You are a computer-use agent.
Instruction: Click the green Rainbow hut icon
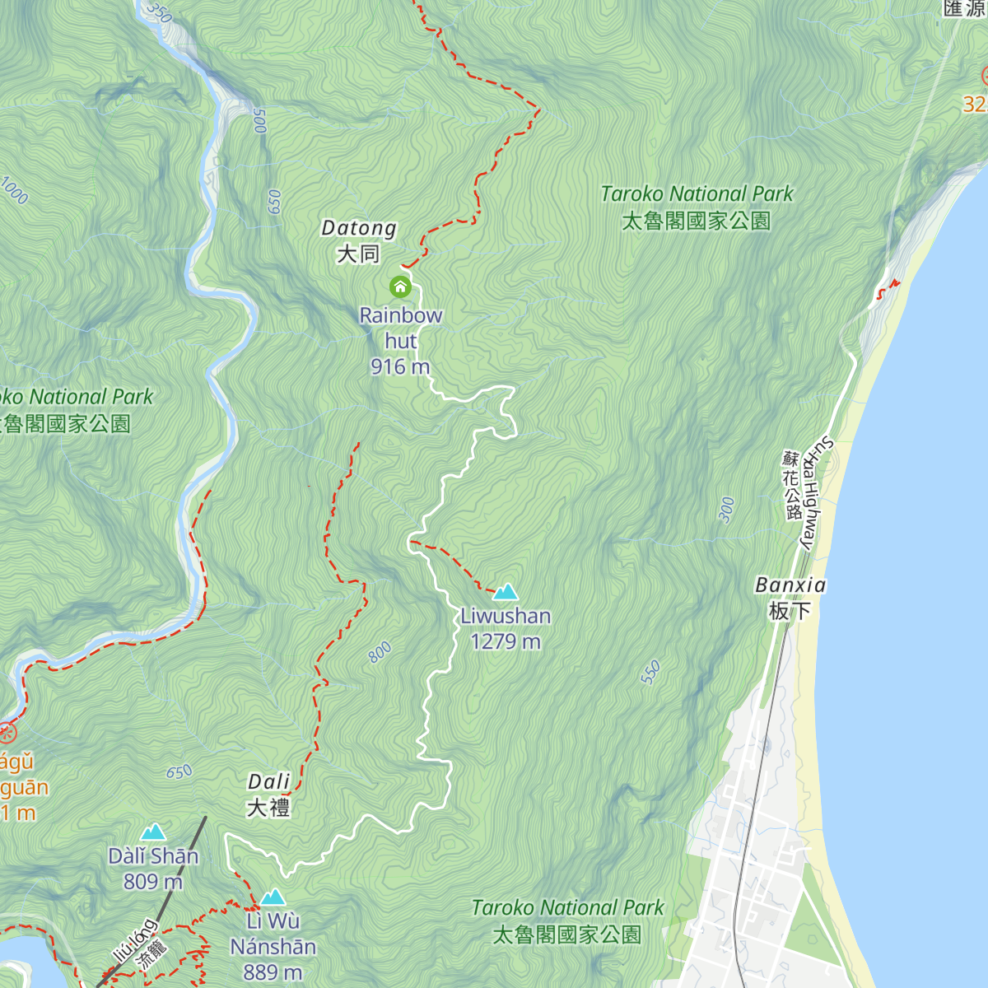coord(400,287)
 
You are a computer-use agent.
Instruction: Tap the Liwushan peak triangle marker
coord(505,592)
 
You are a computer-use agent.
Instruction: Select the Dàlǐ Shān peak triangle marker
coord(153,832)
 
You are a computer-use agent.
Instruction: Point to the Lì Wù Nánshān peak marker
coord(273,897)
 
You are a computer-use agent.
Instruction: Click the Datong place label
coord(359,229)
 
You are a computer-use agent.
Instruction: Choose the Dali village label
coord(269,782)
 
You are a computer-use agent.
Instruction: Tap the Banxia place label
coord(790,585)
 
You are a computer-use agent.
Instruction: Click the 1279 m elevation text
coord(506,641)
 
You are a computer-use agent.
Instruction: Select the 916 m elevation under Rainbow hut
coord(400,367)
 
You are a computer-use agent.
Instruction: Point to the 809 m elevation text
coord(153,882)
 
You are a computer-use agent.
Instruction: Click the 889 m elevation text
coord(273,972)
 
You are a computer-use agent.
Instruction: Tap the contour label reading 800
coord(380,653)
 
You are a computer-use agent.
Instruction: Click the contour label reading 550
coord(650,673)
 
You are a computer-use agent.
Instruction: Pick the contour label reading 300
coord(726,510)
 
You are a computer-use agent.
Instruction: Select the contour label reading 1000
coord(14,190)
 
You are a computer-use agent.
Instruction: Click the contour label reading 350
coord(158,12)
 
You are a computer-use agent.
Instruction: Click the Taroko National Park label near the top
coord(697,194)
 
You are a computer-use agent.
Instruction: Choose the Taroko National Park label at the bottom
coord(567,908)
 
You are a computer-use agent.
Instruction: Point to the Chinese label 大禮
coord(268,808)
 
